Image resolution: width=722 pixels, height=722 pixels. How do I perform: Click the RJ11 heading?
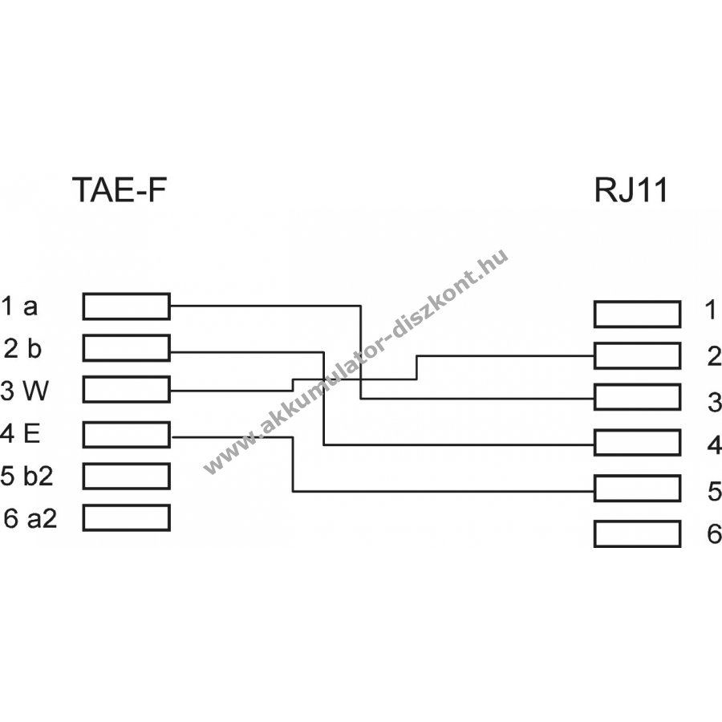click(630, 192)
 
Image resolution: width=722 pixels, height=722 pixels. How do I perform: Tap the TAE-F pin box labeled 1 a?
click(126, 306)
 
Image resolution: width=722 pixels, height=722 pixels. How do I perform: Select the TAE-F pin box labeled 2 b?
click(126, 348)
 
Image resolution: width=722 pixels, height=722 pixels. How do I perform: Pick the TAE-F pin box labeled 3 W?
click(126, 391)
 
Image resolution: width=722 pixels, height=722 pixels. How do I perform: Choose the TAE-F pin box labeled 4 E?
click(126, 434)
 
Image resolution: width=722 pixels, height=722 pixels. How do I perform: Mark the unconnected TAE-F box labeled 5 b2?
click(126, 476)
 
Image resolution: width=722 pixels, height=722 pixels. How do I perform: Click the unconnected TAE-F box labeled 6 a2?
click(126, 517)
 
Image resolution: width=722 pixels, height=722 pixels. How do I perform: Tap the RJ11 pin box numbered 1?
click(637, 314)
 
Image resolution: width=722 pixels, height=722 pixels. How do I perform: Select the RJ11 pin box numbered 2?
click(637, 355)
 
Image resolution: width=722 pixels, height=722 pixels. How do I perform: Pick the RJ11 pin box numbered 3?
click(637, 397)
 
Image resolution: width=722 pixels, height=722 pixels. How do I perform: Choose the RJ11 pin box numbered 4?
click(637, 442)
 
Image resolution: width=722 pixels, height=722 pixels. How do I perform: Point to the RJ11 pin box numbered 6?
click(637, 533)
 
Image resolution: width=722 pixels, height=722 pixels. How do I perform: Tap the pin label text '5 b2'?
click(28, 477)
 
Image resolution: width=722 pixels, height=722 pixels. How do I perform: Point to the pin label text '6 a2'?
click(30, 518)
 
